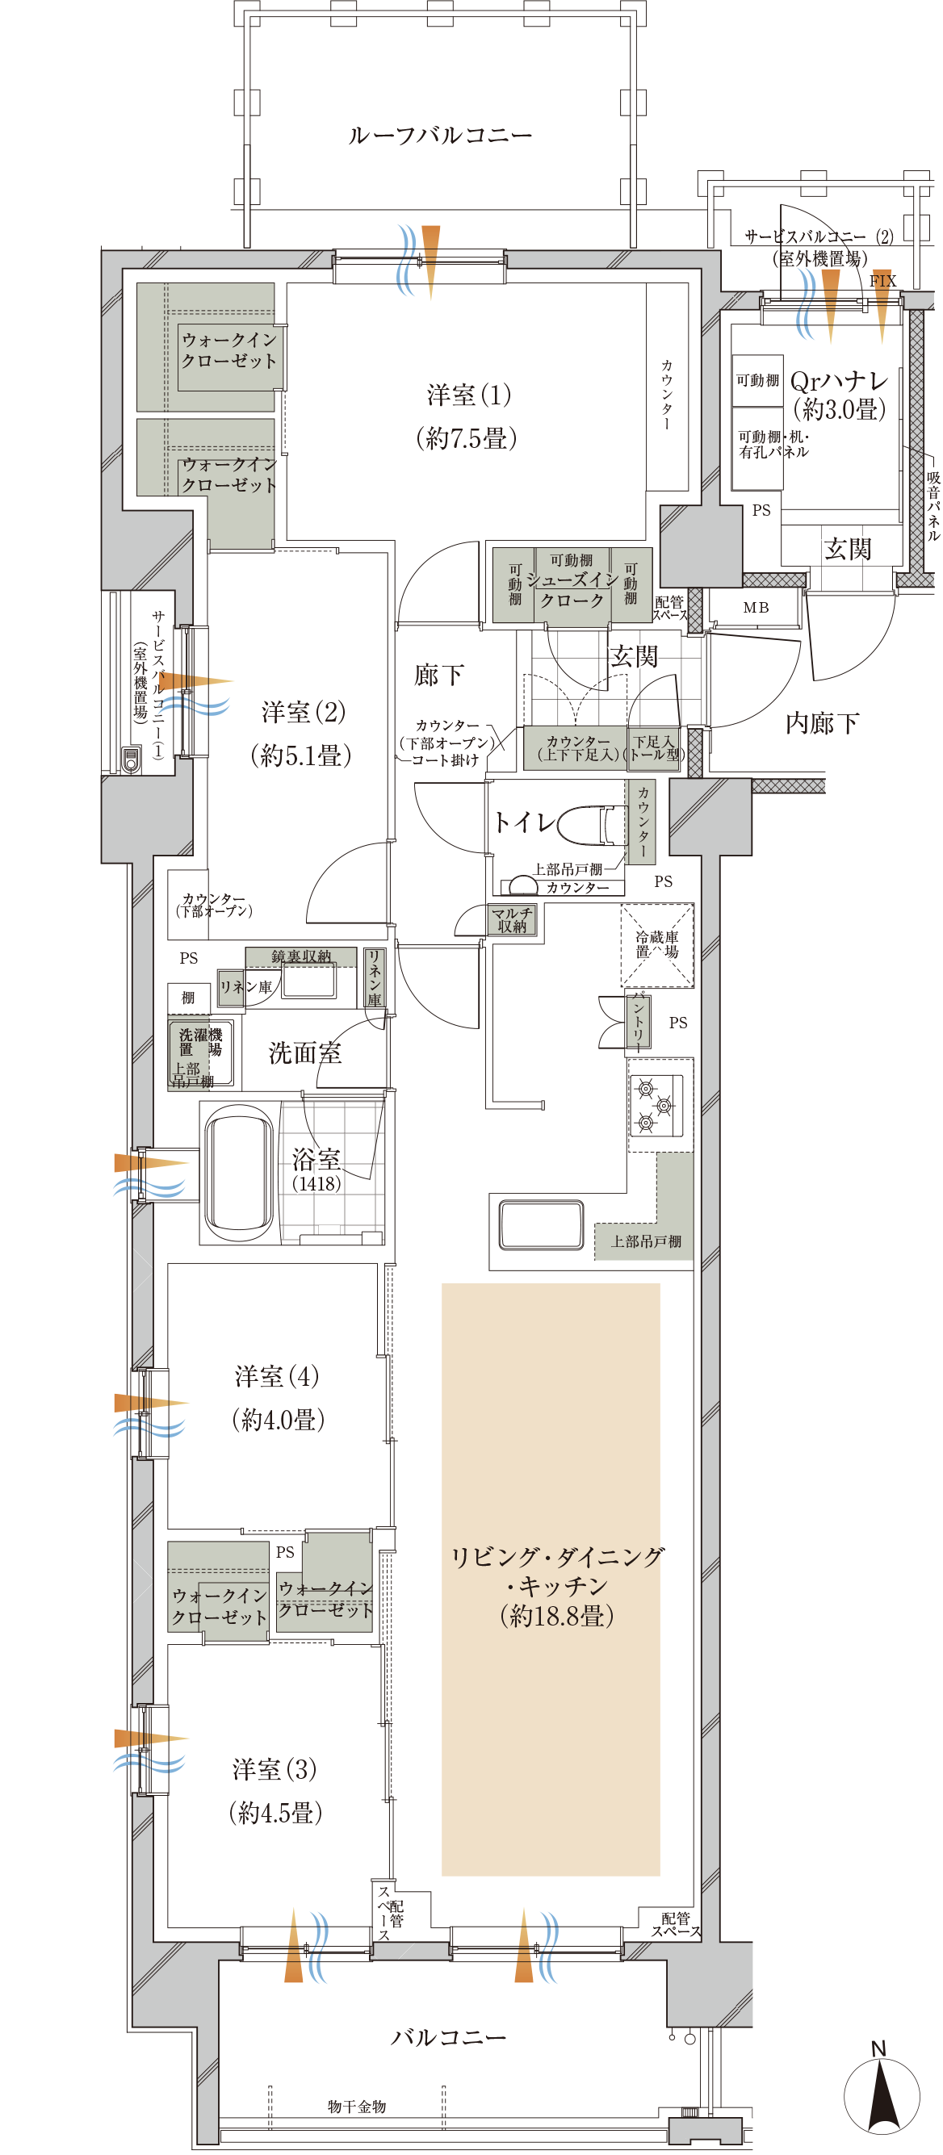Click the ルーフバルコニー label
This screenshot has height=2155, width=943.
440,136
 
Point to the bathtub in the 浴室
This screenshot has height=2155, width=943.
238,1172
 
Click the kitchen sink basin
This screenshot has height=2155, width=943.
541,1224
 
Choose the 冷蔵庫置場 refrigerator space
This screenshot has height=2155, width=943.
657,944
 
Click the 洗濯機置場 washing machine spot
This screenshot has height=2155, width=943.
200,1042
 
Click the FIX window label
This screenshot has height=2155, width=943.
882,281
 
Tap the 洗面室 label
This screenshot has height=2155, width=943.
304,1053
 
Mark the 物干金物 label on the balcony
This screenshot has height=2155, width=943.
356,2106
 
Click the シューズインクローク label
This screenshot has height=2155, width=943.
572,590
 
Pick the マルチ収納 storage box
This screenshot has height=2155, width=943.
512,919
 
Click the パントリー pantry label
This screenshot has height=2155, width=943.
639,1021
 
